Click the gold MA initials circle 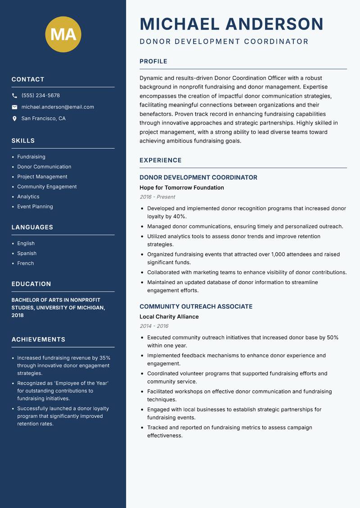pyautogui.click(x=63, y=34)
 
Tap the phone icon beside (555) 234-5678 pyautogui.click(x=14, y=96)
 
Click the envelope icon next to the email pyautogui.click(x=14, y=107)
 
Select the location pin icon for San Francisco pyautogui.click(x=14, y=119)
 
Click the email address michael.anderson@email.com pyautogui.click(x=58, y=107)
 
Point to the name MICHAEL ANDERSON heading pyautogui.click(x=231, y=24)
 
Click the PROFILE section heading pyautogui.click(x=153, y=62)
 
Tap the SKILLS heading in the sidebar pyautogui.click(x=23, y=141)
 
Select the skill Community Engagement pyautogui.click(x=47, y=187)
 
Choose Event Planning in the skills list pyautogui.click(x=35, y=206)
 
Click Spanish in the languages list pyautogui.click(x=27, y=253)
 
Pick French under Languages pyautogui.click(x=26, y=263)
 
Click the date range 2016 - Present pyautogui.click(x=157, y=197)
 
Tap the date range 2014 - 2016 pyautogui.click(x=154, y=326)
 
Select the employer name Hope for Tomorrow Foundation pyautogui.click(x=181, y=187)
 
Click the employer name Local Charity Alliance pyautogui.click(x=169, y=316)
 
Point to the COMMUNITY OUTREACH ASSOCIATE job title pyautogui.click(x=196, y=307)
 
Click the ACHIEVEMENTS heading pyautogui.click(x=38, y=339)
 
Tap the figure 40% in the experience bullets pyautogui.click(x=180, y=216)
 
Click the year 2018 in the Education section pyautogui.click(x=18, y=315)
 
